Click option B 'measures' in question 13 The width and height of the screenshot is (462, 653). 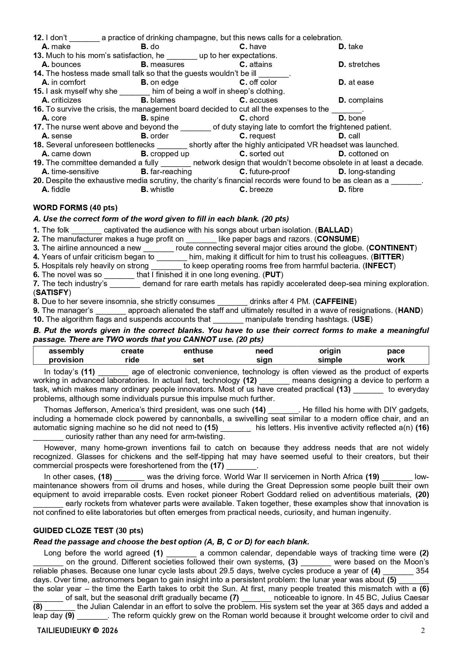click(x=163, y=64)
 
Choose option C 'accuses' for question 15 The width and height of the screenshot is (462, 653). click(x=259, y=100)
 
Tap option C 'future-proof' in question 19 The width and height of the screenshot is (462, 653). click(x=264, y=172)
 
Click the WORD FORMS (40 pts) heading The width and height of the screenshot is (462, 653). click(x=75, y=208)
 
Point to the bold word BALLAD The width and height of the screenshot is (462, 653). click(x=334, y=230)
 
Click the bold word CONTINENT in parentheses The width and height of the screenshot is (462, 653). click(x=392, y=248)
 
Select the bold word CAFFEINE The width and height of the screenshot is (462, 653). click(x=335, y=301)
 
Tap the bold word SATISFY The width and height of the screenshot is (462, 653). click(x=52, y=292)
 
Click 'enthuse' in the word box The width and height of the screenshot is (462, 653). click(x=198, y=351)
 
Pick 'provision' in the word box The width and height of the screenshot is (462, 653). click(x=66, y=360)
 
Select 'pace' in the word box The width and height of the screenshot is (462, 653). click(x=396, y=351)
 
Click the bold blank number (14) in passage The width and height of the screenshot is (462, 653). click(x=259, y=410)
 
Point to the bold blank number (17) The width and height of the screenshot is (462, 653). click(x=217, y=465)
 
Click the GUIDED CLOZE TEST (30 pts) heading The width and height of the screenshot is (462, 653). click(x=88, y=531)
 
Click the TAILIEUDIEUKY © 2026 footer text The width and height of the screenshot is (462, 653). click(x=78, y=630)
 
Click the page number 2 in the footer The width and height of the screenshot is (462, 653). click(x=423, y=630)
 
